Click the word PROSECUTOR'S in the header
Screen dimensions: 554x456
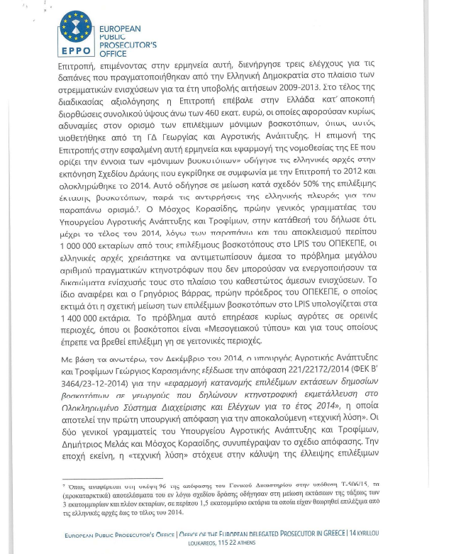coord(126,45)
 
